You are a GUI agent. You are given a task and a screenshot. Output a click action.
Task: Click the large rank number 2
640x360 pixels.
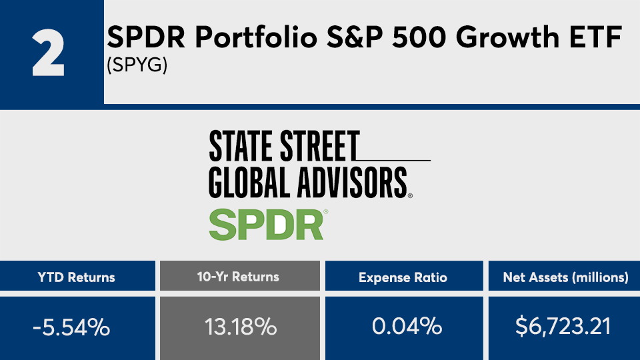(x=48, y=53)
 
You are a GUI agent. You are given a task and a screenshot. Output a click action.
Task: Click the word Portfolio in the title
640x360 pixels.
(x=256, y=37)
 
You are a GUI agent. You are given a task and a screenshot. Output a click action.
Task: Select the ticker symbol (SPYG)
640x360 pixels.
(x=137, y=65)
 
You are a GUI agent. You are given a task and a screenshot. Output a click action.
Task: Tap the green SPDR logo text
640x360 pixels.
(x=267, y=225)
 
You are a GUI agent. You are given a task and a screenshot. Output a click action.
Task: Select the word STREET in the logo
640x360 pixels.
(x=319, y=145)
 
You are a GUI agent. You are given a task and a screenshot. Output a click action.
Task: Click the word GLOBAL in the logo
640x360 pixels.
(x=250, y=183)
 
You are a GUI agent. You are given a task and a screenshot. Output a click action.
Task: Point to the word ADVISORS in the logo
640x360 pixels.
(x=352, y=183)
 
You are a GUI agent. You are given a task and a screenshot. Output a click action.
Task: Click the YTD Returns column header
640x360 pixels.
(x=76, y=277)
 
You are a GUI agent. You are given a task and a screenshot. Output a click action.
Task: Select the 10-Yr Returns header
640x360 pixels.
(x=238, y=277)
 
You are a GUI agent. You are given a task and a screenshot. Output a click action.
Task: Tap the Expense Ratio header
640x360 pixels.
(x=403, y=277)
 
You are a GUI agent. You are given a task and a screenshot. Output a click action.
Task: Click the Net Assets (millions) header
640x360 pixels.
(x=566, y=277)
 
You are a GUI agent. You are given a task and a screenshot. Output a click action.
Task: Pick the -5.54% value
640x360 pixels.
(x=71, y=327)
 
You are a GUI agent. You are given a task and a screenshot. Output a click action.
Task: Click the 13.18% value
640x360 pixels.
(x=241, y=327)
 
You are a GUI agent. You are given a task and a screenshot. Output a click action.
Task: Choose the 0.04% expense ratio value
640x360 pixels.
(x=407, y=326)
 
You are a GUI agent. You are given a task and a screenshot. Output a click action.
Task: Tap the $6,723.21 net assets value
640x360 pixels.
(x=563, y=327)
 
